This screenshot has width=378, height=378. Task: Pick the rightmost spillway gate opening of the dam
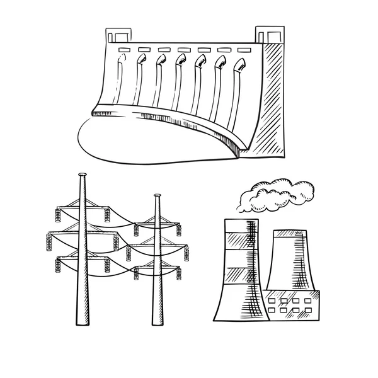(x=239, y=64)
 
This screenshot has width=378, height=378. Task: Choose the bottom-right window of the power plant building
(x=304, y=310)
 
